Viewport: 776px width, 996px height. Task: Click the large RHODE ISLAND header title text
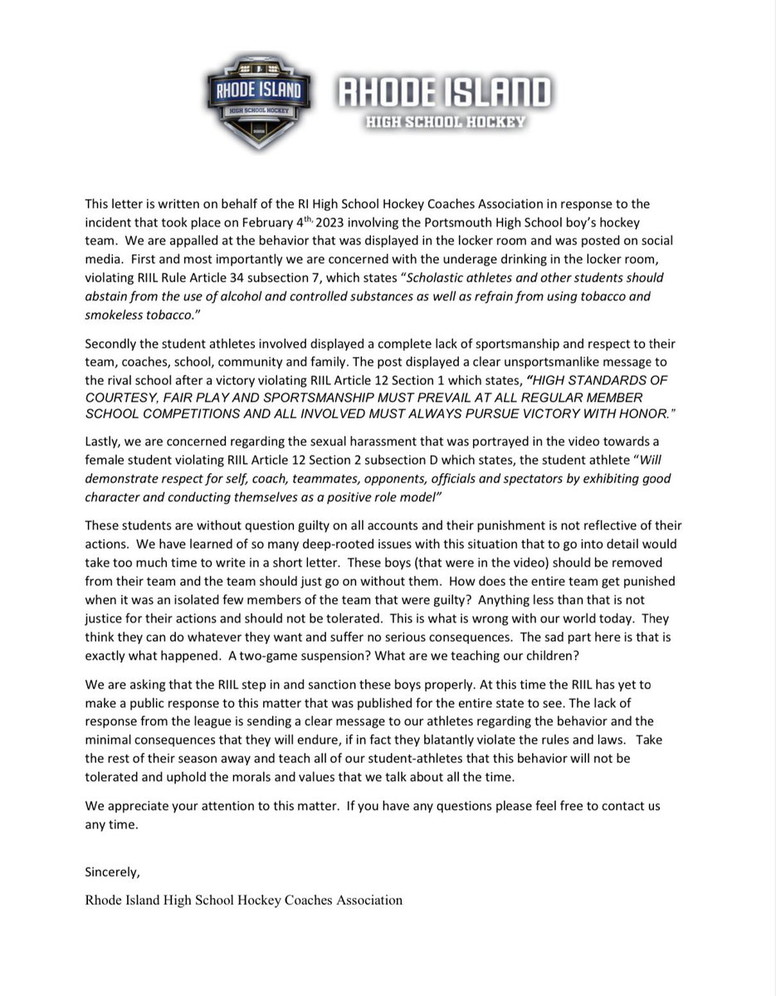(x=442, y=92)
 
